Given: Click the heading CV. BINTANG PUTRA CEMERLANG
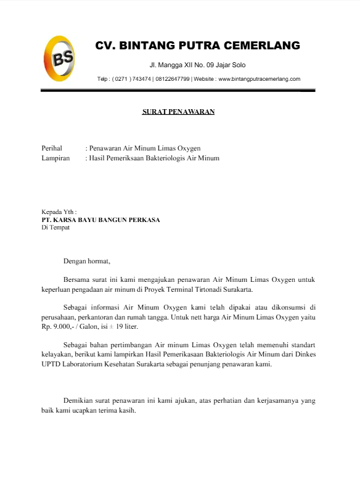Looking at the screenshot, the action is [197, 46].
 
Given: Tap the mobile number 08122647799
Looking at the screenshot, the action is [173, 79].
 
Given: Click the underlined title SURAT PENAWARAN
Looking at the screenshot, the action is [179, 112].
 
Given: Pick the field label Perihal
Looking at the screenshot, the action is [52, 148].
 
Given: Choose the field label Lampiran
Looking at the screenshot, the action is [55, 158].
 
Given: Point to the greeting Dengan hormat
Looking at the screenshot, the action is [86, 261].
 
